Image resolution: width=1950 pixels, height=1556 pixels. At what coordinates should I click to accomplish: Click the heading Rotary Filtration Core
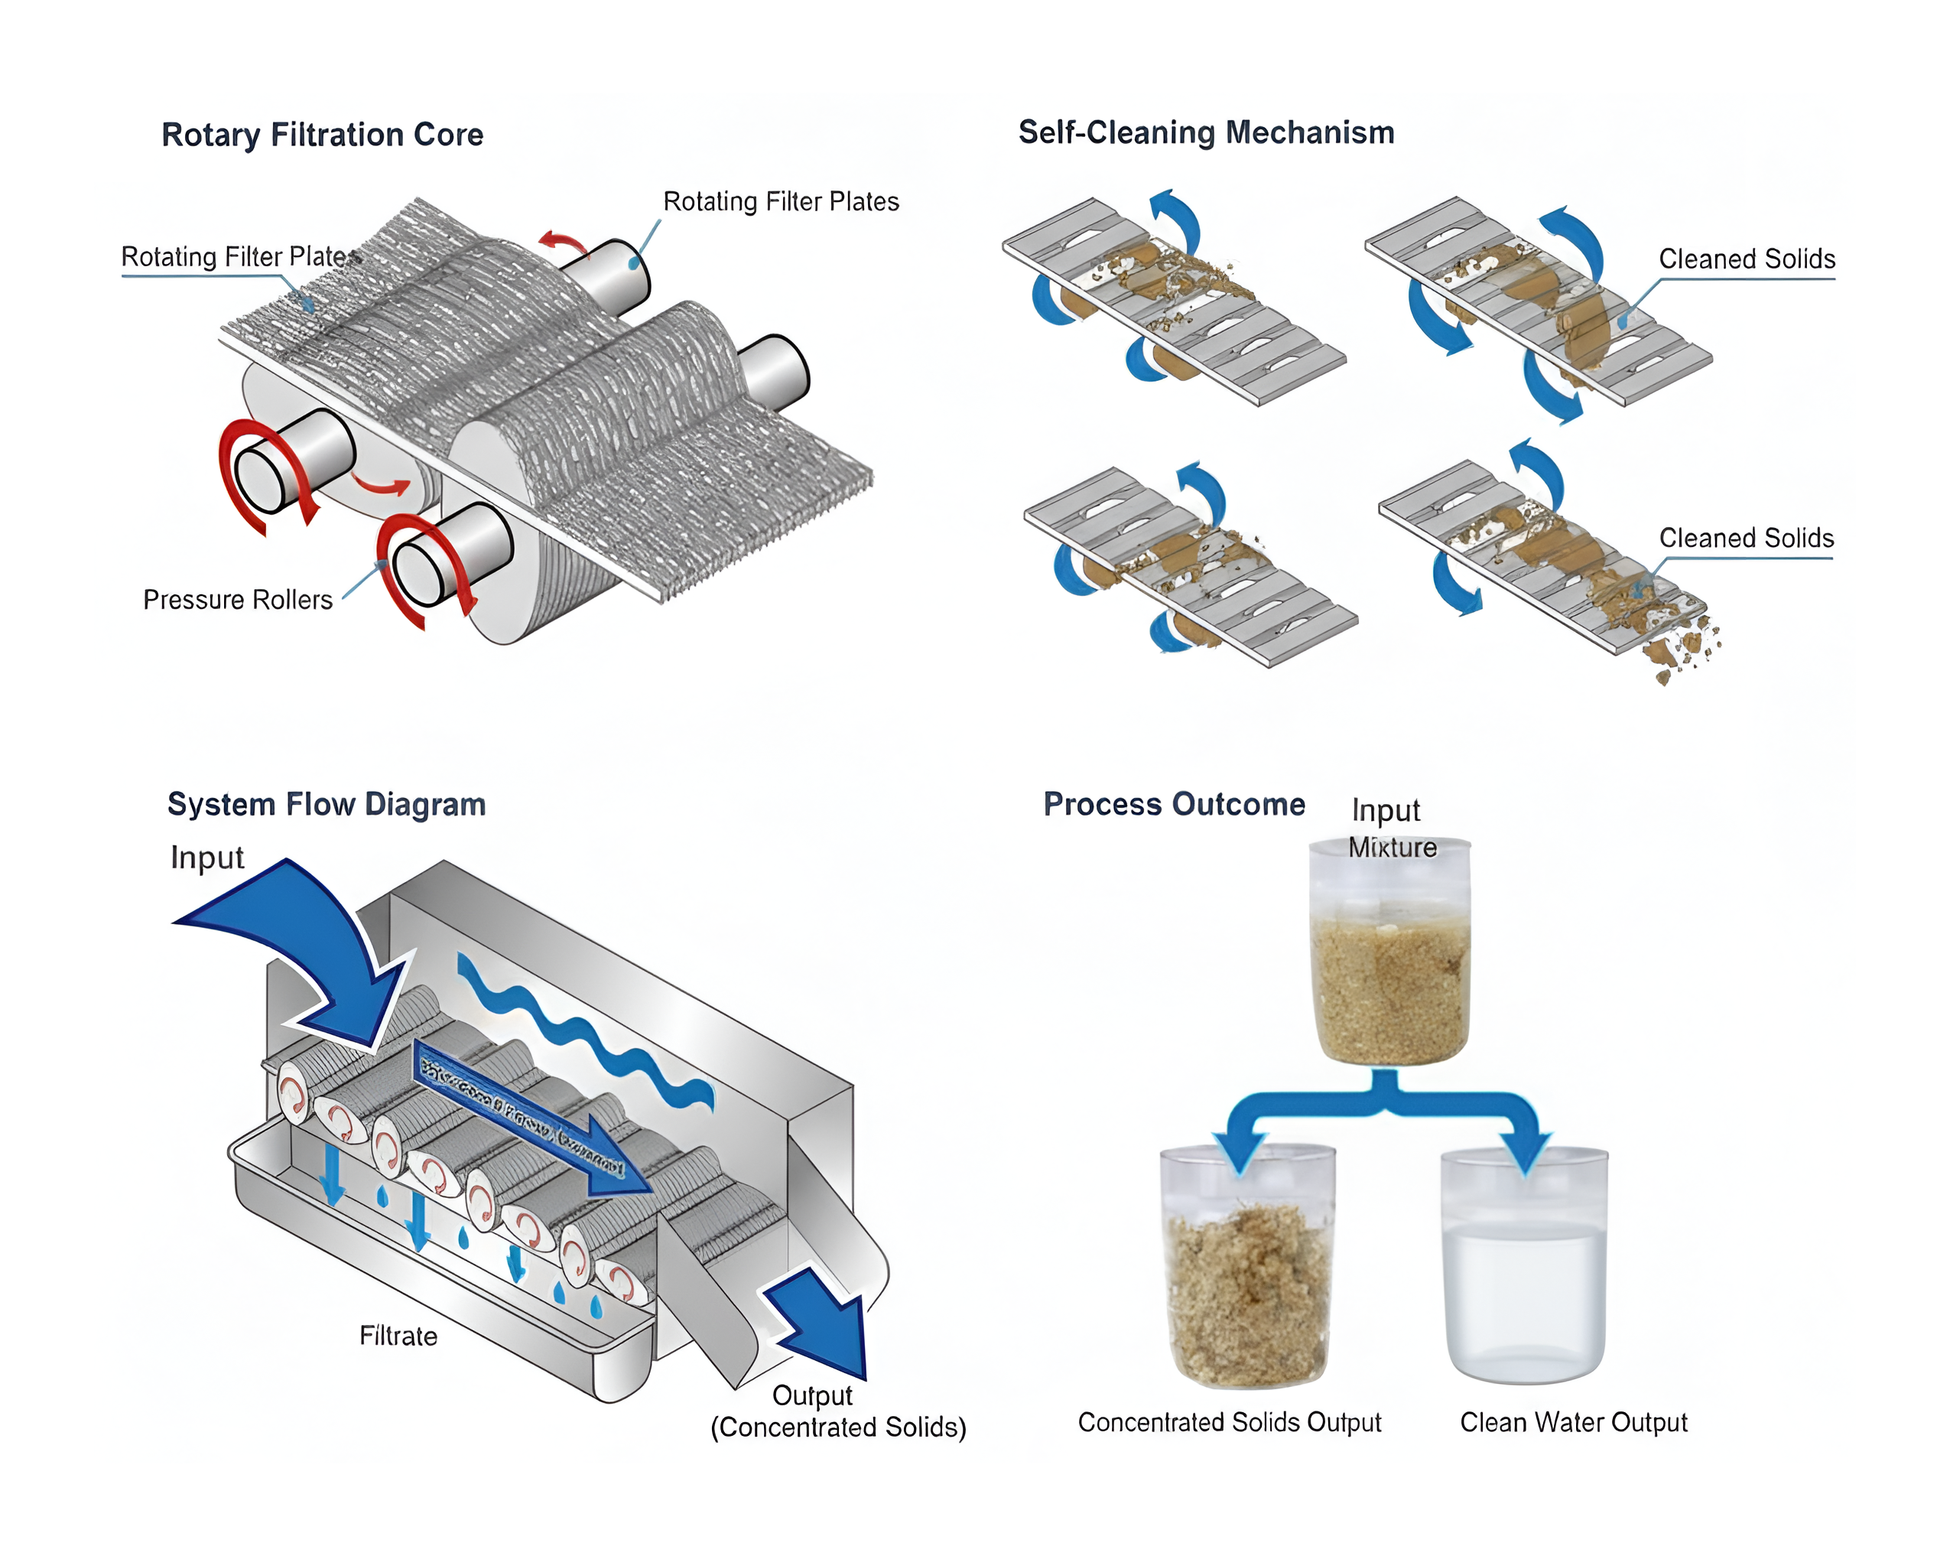click(x=322, y=135)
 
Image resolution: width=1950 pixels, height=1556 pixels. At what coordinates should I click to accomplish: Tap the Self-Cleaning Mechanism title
click(x=1206, y=132)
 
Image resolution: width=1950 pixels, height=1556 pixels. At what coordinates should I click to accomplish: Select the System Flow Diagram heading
click(x=327, y=804)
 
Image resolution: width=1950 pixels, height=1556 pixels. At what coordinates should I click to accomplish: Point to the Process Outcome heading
click(x=1174, y=804)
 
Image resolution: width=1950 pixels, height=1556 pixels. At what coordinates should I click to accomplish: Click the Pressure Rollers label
click(x=238, y=600)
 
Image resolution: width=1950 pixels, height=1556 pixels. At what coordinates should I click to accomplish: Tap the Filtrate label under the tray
click(x=398, y=1336)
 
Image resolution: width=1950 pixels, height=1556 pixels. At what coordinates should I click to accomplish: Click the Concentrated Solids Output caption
click(x=1229, y=1422)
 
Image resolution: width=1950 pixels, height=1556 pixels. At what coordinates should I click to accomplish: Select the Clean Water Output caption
click(x=1573, y=1422)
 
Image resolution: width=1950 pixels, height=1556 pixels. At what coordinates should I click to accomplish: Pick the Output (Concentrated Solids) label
click(x=837, y=1411)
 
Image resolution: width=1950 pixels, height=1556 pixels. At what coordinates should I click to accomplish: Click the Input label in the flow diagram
click(x=207, y=857)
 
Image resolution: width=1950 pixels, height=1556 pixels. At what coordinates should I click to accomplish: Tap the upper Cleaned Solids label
click(x=1746, y=259)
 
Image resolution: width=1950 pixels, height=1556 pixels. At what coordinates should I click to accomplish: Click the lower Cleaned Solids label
click(x=1746, y=539)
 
